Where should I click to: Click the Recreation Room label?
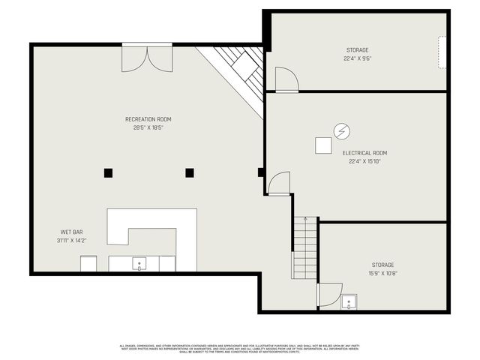[x=148, y=119]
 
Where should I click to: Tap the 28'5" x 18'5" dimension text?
[x=148, y=127]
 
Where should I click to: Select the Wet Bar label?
[x=70, y=232]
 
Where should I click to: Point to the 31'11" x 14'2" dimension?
[x=70, y=241]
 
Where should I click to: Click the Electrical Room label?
[x=364, y=153]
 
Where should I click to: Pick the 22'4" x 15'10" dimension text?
[x=364, y=161]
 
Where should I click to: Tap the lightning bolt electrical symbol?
[x=341, y=131]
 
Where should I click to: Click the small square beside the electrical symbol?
[x=323, y=145]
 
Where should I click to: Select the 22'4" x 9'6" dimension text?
[x=356, y=58]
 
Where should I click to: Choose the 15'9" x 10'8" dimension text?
[x=382, y=274]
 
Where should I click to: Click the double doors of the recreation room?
[x=147, y=58]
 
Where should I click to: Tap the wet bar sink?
[x=139, y=264]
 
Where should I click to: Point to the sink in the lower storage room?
[x=349, y=303]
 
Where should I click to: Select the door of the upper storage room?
[x=286, y=79]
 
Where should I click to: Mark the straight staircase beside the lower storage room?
[x=304, y=247]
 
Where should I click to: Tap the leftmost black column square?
[x=108, y=172]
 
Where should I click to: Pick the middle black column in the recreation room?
[x=190, y=172]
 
